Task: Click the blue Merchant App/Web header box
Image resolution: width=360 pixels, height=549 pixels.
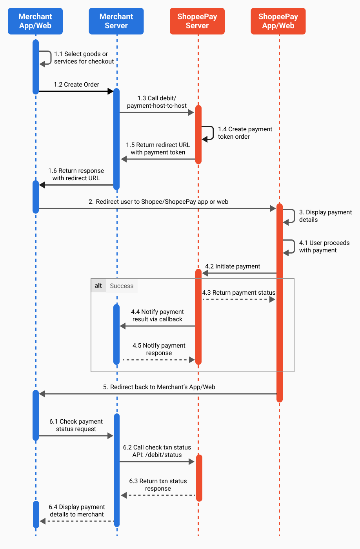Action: [x=35, y=21]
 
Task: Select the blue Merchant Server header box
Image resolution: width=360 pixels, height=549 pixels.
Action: [x=116, y=21]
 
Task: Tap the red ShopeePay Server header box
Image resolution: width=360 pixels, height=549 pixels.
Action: [x=197, y=21]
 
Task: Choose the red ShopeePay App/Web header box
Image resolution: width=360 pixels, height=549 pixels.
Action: [x=278, y=21]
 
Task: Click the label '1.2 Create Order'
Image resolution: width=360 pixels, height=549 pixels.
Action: [x=76, y=85]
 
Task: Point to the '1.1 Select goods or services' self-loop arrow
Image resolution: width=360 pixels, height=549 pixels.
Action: [x=51, y=58]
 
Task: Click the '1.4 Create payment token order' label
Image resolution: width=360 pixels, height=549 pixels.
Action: [x=245, y=133]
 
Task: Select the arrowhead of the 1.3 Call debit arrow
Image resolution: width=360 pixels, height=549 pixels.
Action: [x=191, y=112]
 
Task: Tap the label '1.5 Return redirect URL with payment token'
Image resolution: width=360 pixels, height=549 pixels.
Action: [x=158, y=149]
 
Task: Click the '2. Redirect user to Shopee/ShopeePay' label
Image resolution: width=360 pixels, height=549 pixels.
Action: [x=158, y=202]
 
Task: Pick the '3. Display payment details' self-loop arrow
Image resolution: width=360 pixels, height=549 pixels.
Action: [x=294, y=216]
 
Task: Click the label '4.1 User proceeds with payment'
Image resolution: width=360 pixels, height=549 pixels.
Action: [x=324, y=246]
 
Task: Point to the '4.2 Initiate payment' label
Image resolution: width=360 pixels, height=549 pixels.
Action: [x=233, y=266]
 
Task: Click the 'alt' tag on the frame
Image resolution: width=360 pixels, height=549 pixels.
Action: [x=98, y=286]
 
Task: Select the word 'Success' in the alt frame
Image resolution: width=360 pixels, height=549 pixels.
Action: [x=122, y=286]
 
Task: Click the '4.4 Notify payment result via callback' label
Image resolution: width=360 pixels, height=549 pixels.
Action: [x=157, y=315]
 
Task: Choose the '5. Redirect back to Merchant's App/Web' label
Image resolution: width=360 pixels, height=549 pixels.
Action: [x=159, y=387]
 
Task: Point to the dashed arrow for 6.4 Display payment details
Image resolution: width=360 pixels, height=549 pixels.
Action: [x=77, y=521]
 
